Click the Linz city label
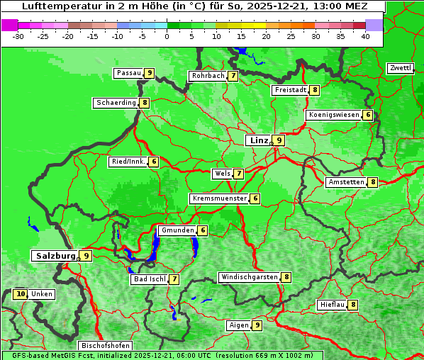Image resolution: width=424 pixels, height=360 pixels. (258, 140)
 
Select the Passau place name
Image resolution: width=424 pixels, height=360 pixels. (128, 73)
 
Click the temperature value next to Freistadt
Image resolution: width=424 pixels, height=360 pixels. (314, 90)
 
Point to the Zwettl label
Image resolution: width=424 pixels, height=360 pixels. (399, 68)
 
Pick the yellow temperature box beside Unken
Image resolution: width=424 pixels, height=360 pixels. (20, 294)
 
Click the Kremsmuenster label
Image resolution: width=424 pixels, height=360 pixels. (219, 198)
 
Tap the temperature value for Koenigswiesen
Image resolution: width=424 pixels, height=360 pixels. (367, 115)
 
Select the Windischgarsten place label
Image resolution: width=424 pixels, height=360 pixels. (248, 277)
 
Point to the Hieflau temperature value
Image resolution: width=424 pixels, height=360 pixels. (353, 305)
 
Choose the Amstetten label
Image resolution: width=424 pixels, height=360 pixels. (346, 182)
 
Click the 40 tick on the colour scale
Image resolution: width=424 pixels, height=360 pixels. (365, 36)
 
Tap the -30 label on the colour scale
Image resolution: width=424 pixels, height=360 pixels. (18, 36)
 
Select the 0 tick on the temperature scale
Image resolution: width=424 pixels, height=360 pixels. (167, 36)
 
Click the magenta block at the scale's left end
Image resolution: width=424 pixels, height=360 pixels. (9, 25)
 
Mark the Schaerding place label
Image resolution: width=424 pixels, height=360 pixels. (116, 103)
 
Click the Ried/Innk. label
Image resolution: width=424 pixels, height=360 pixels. (128, 162)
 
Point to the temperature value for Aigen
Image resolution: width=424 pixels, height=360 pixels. (257, 325)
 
